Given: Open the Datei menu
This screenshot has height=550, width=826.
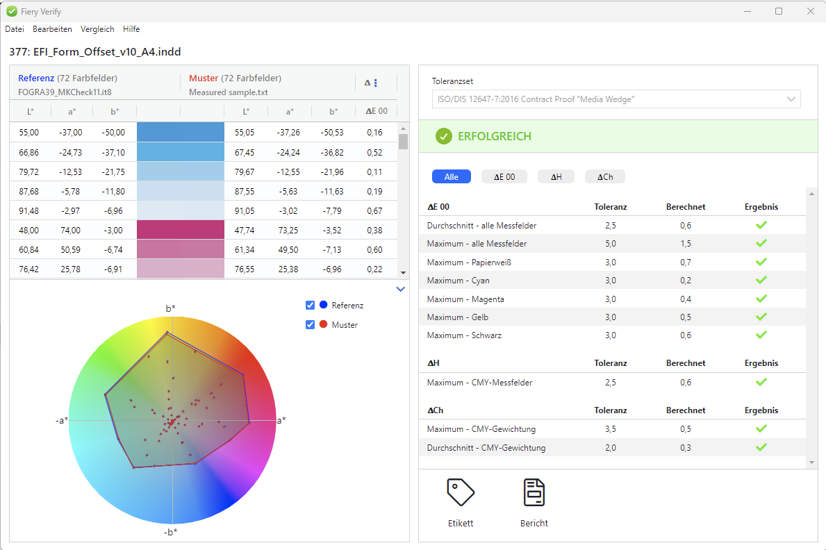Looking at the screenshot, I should [15, 29].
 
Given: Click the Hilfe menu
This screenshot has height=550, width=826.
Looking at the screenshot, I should [131, 29].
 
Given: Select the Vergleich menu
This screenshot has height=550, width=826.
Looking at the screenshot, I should [97, 29].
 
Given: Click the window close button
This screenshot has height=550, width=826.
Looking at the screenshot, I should [810, 11].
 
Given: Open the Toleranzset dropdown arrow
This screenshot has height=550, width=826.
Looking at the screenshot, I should [791, 99].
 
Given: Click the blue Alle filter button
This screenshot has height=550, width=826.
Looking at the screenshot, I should [452, 177].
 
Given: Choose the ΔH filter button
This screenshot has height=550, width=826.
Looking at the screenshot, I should [556, 177].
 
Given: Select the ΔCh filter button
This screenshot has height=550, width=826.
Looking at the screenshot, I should [604, 177].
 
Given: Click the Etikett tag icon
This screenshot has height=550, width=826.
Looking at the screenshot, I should [461, 492].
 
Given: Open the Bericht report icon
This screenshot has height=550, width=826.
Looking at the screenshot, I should [534, 492].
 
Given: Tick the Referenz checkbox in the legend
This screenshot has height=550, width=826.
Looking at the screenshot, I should [311, 306].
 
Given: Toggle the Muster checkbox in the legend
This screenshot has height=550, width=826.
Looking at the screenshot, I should [311, 324].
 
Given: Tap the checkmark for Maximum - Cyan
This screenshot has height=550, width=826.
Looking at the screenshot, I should [761, 281].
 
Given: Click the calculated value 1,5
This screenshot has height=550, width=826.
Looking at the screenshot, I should [685, 244].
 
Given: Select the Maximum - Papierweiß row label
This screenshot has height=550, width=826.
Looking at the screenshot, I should [463, 262].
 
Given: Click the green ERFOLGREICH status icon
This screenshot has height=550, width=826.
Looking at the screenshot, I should [444, 137].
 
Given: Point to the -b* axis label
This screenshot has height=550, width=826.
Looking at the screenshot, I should [171, 532].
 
